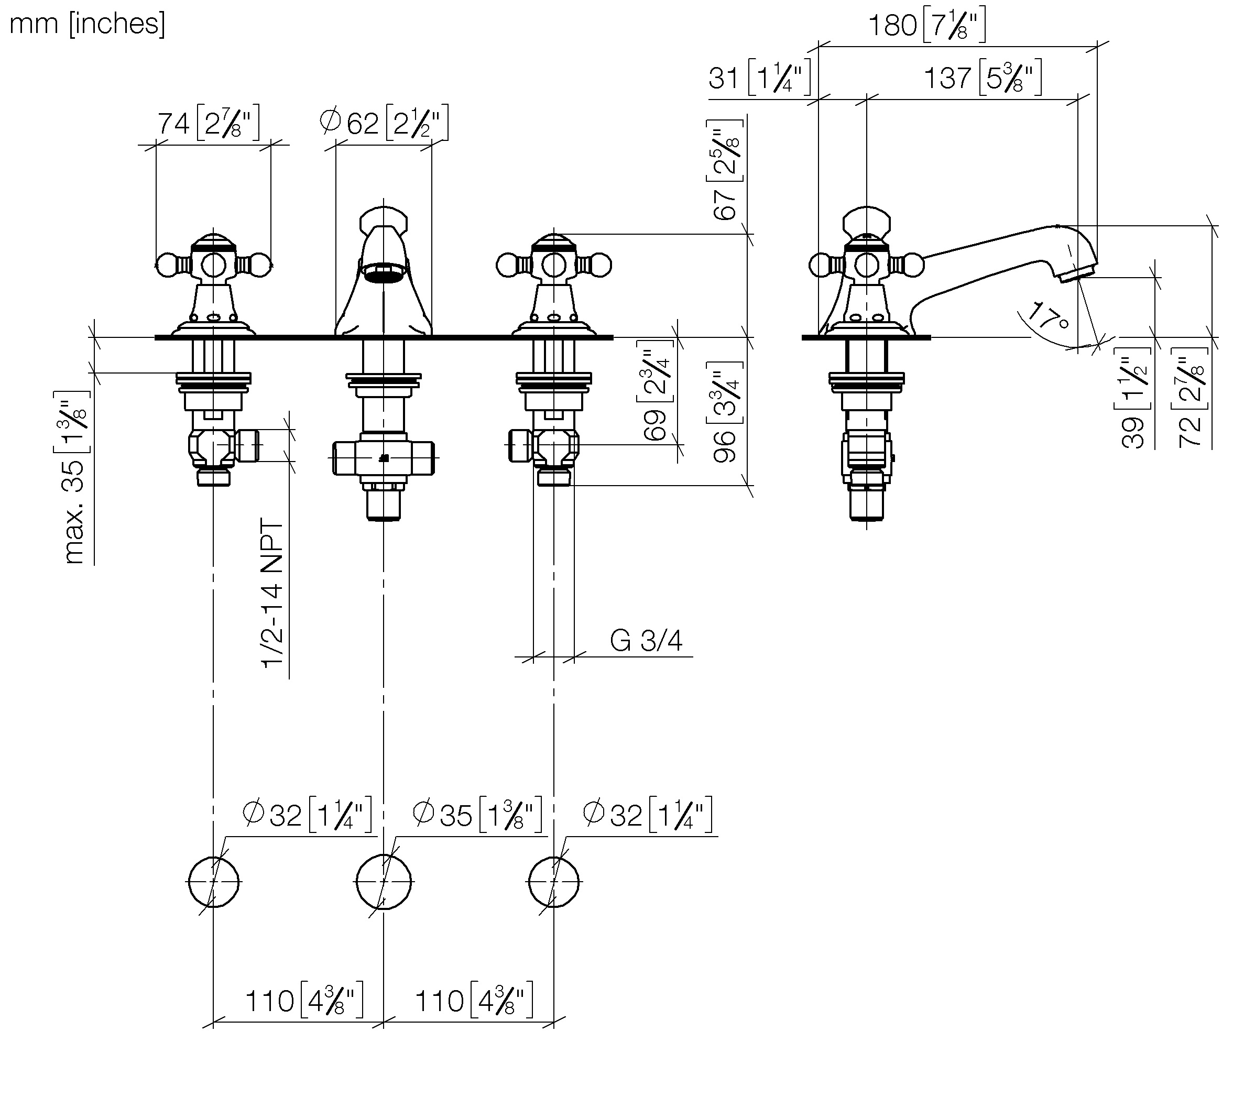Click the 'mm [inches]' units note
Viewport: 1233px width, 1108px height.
pos(87,24)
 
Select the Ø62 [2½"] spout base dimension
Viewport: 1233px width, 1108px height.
pos(384,123)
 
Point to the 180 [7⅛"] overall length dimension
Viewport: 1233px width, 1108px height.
pos(925,26)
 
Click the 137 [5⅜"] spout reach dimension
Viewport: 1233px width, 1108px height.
pos(981,78)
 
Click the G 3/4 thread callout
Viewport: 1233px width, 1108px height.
pos(646,641)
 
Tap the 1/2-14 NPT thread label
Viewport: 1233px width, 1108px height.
pos(272,594)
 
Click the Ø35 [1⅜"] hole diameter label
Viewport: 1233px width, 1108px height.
pos(477,815)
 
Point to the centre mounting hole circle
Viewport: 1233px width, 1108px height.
pos(384,882)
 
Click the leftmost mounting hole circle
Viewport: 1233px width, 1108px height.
pos(213,882)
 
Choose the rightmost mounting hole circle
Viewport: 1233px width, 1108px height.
pos(553,882)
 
